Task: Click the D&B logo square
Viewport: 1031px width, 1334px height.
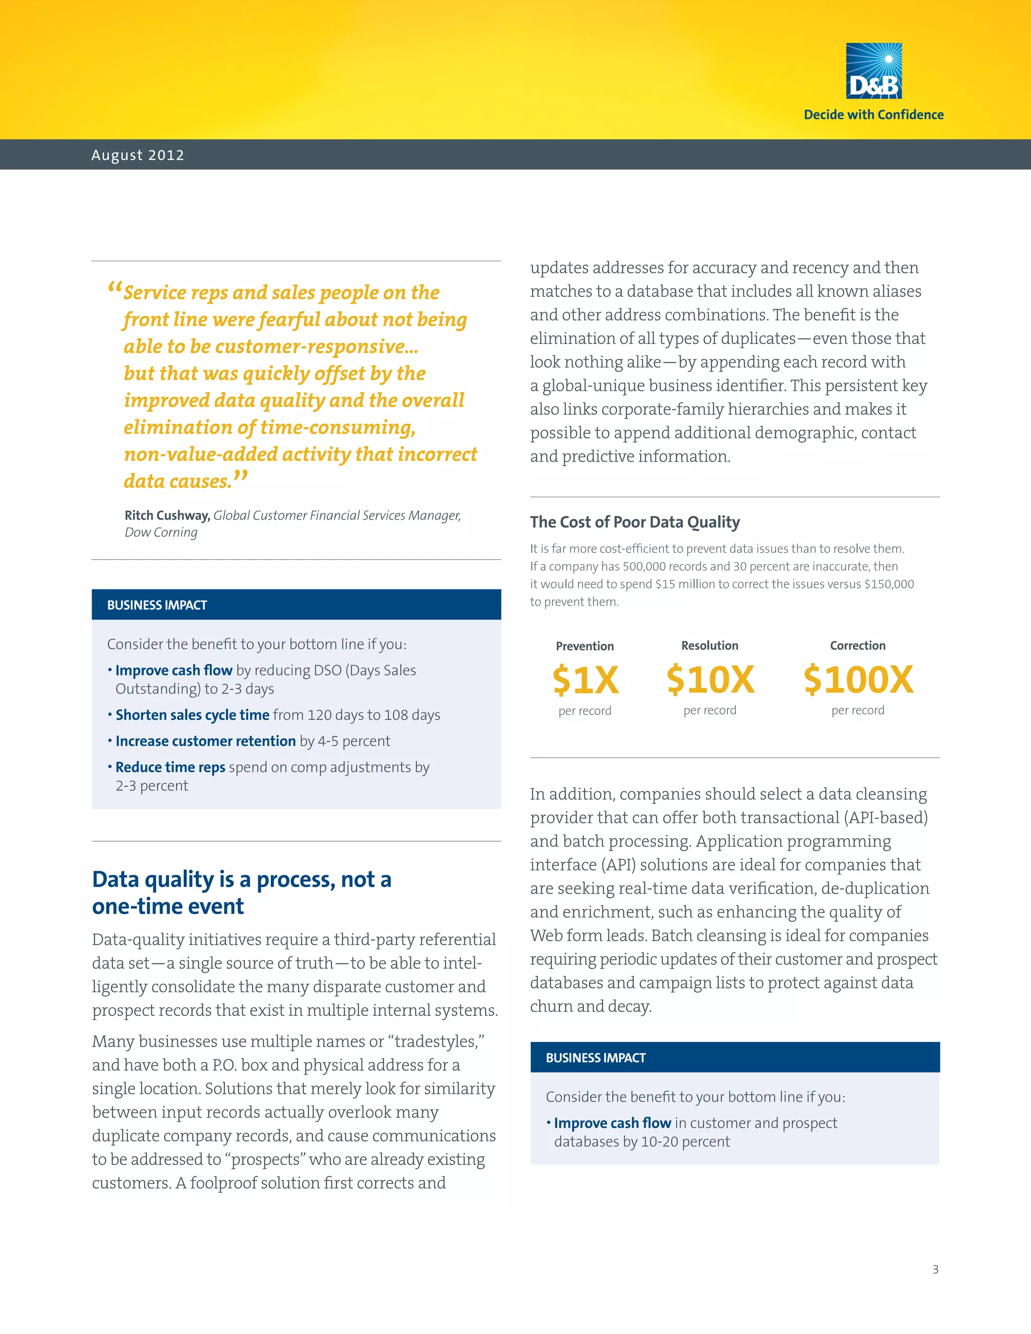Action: click(x=873, y=71)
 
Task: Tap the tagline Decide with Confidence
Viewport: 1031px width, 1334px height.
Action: click(x=873, y=115)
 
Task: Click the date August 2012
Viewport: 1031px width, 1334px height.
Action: click(x=137, y=155)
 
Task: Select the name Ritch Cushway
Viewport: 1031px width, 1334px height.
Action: click(x=167, y=515)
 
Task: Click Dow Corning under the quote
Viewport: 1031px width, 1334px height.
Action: click(x=161, y=533)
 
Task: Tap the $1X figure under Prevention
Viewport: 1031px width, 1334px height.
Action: click(x=585, y=680)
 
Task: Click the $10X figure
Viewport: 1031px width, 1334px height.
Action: click(x=710, y=679)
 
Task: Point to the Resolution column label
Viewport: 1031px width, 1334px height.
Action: click(x=710, y=646)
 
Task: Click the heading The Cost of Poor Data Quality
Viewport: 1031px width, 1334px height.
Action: click(x=635, y=522)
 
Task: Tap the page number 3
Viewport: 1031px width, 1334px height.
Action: click(x=935, y=1269)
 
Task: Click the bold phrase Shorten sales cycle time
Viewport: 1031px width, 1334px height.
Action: click(x=192, y=715)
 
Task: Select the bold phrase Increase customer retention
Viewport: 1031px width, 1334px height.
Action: click(x=205, y=742)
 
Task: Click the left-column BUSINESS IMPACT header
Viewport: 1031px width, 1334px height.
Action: click(x=157, y=605)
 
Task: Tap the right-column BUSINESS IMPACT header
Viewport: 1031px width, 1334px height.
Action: click(x=596, y=1058)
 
